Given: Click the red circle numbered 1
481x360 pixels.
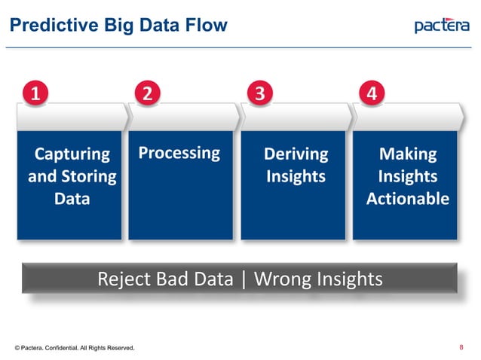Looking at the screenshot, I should click(35, 94).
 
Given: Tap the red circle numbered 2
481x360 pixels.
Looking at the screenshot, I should click(148, 94).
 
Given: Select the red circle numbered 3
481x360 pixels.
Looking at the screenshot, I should click(259, 94).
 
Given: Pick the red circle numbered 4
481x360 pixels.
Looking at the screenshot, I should click(372, 94).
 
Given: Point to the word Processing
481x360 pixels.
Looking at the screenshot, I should click(179, 153).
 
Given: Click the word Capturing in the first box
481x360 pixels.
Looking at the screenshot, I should click(72, 154).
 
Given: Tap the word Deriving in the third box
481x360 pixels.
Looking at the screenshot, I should click(296, 154).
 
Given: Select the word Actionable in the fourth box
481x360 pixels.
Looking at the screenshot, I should click(407, 199).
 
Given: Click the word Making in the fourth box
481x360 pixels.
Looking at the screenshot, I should click(407, 154).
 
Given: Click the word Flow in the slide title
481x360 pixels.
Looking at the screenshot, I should click(206, 26).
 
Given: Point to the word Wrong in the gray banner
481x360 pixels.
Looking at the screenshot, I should click(281, 279).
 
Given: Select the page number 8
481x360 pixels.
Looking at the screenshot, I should click(461, 347).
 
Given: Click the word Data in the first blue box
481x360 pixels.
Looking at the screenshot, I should click(72, 199).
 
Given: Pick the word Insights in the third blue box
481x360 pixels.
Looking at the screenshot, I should click(296, 176).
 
